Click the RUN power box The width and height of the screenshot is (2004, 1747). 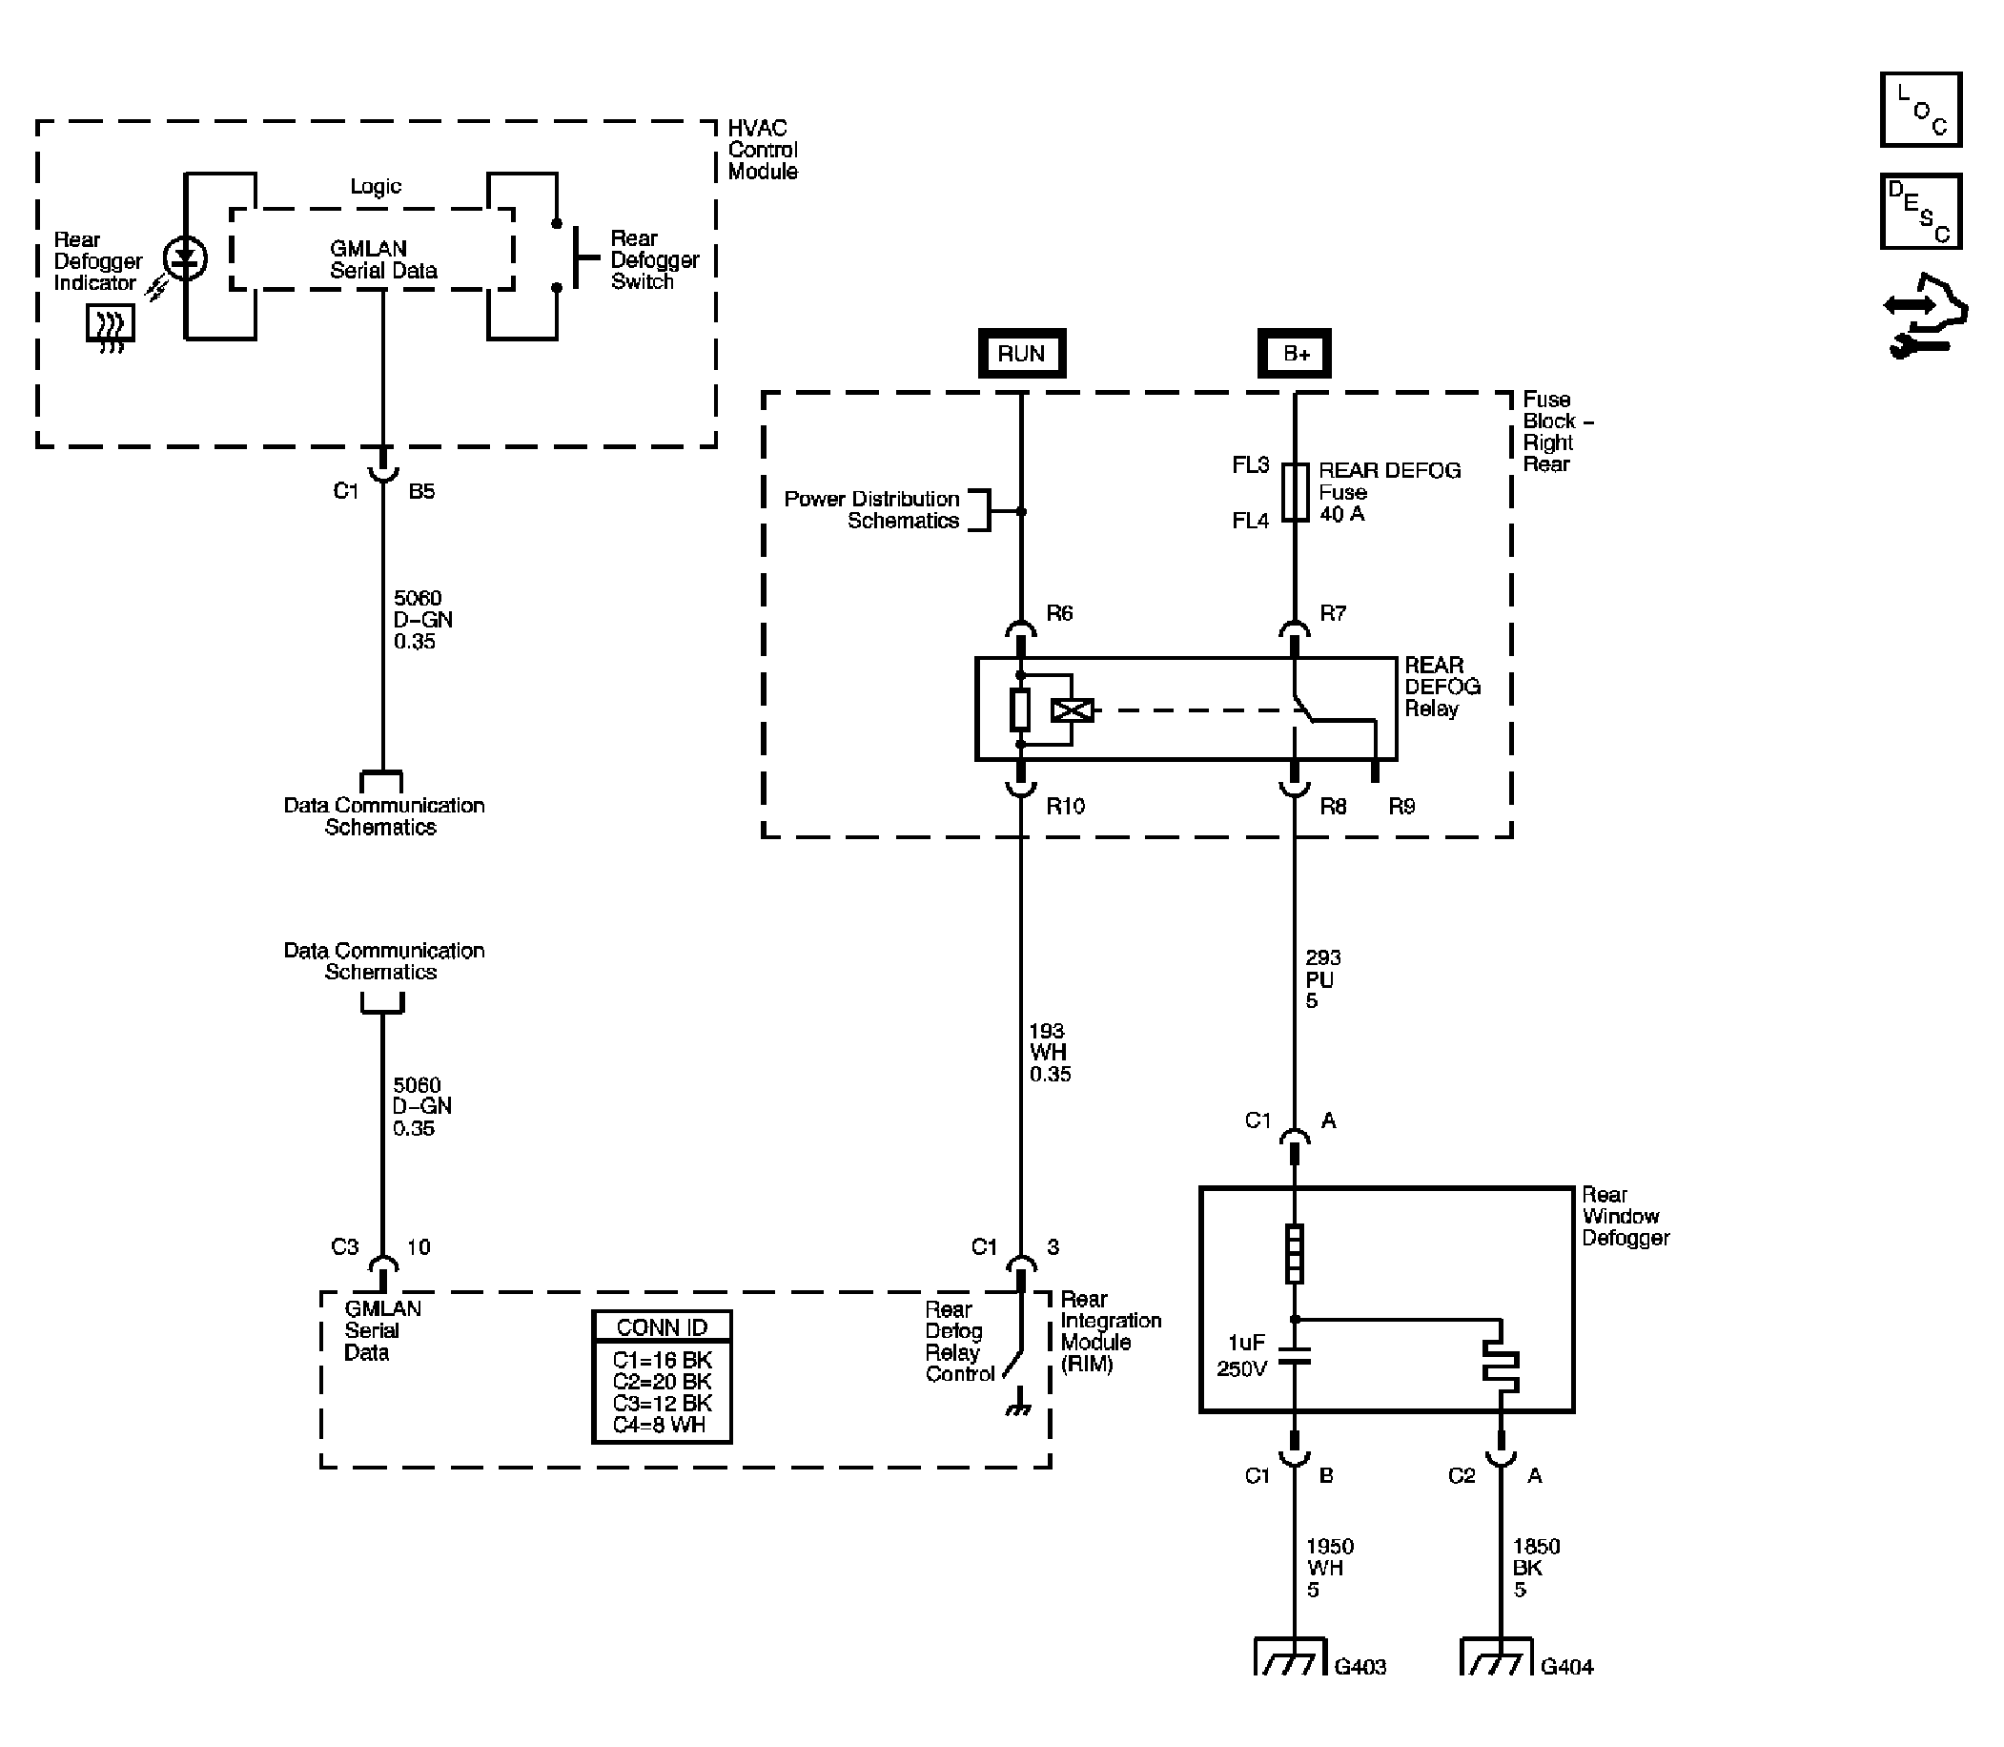click(1021, 353)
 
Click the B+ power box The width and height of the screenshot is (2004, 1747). click(1295, 353)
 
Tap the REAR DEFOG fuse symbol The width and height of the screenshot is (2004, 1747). click(1295, 492)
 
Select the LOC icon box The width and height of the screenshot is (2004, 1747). click(1920, 109)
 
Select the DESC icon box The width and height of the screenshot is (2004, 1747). click(1920, 212)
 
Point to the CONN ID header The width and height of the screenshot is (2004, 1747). click(662, 1326)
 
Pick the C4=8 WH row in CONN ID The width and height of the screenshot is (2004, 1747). click(659, 1425)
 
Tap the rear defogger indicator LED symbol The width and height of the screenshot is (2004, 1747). click(185, 258)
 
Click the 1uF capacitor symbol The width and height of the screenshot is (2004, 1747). click(1295, 1356)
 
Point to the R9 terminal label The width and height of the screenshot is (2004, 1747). click(1401, 806)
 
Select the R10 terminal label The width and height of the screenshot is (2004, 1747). click(1065, 806)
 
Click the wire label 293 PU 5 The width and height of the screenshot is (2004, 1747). click(1322, 978)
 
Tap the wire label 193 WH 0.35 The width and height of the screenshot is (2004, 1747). click(1050, 1052)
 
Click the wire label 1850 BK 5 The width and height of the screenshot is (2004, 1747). click(1536, 1568)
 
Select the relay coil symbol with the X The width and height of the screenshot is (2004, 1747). click(1073, 710)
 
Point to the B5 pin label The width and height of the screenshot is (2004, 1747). click(421, 491)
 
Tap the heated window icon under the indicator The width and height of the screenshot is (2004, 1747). click(111, 324)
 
